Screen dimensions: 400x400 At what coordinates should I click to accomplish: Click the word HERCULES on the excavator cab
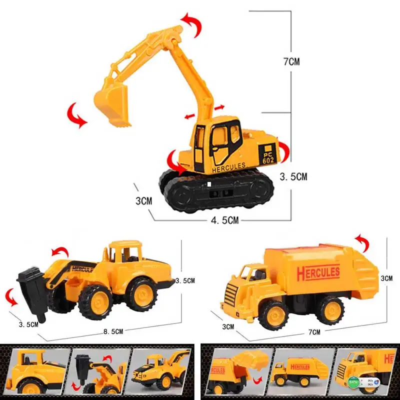tap(228, 166)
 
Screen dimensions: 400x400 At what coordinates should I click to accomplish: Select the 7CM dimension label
tap(291, 62)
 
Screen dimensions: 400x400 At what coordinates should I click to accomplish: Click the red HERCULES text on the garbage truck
tap(318, 273)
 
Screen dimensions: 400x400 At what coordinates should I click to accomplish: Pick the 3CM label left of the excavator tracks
tap(143, 201)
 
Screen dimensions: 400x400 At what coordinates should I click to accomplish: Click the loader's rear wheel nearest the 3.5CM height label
tap(140, 294)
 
